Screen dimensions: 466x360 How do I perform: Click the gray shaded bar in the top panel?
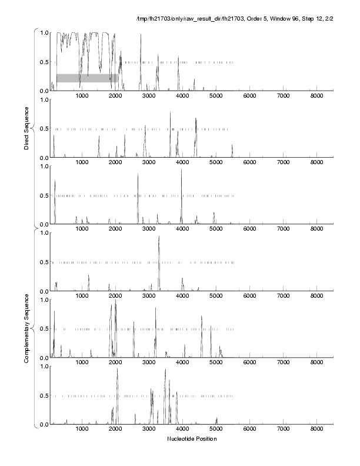coord(87,78)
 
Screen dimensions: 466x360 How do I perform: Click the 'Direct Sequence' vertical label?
coord(27,128)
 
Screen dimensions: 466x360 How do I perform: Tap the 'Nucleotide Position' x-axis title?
coord(192,439)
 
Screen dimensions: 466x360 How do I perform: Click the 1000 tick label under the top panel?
coord(82,96)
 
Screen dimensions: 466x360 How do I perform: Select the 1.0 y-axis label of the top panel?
coord(44,32)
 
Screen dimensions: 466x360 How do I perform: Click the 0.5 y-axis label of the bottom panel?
coord(44,395)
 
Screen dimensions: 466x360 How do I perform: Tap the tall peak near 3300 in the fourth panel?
coord(159,238)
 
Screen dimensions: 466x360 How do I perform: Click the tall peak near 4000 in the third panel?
coord(181,171)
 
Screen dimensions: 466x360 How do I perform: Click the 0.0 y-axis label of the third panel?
coord(44,224)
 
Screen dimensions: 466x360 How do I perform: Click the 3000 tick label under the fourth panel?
coord(149,296)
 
